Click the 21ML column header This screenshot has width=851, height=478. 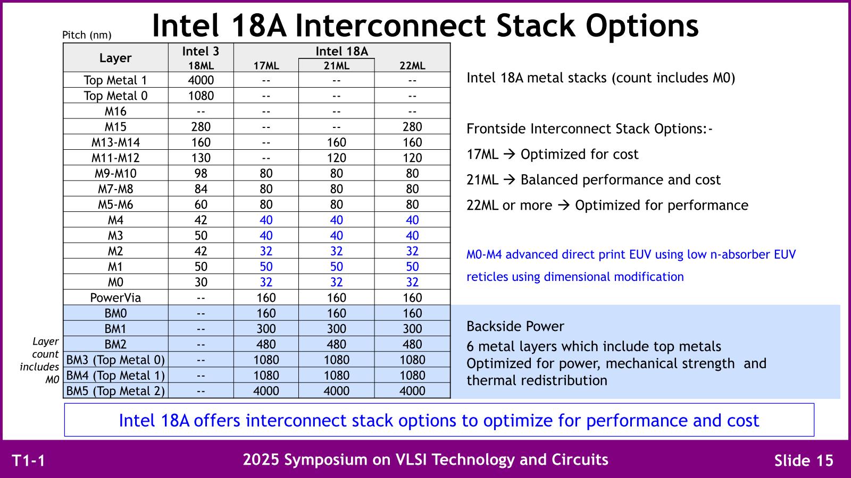(x=336, y=66)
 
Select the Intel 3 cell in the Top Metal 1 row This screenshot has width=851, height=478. (x=201, y=80)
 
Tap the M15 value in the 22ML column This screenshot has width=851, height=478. (x=412, y=127)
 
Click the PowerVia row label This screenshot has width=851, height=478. (x=115, y=298)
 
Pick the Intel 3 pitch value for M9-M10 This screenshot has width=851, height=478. (x=201, y=173)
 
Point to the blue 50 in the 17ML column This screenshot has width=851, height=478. (x=266, y=267)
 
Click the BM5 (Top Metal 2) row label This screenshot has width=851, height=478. (x=115, y=391)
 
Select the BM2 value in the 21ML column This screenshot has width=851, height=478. (x=336, y=345)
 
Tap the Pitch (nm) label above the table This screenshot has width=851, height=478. (x=87, y=35)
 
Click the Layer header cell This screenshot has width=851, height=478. (x=115, y=58)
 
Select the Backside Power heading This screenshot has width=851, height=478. (x=515, y=326)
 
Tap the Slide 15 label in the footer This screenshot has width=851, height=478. (x=804, y=460)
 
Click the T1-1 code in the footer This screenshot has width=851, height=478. (x=29, y=460)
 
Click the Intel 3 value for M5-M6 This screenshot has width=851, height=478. (x=201, y=204)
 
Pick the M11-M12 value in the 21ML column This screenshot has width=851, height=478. (x=336, y=158)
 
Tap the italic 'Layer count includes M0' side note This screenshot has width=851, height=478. (x=40, y=361)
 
